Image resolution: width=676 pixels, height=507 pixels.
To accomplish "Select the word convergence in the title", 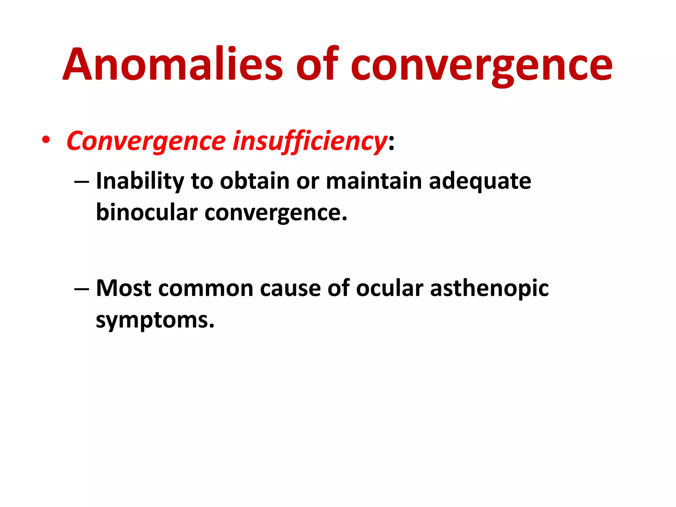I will [481, 66].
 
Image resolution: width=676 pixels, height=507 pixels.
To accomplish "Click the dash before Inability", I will [82, 182].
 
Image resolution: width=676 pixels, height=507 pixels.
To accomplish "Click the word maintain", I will [374, 181].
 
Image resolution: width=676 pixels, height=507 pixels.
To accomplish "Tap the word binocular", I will [147, 213].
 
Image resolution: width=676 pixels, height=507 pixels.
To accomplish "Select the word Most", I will [123, 288].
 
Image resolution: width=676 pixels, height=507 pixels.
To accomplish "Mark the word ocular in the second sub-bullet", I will [389, 288].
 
